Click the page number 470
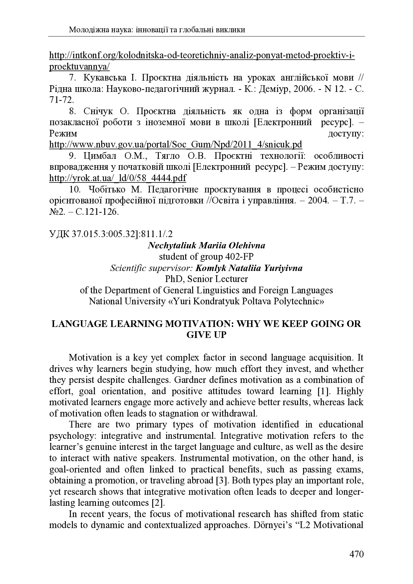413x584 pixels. tap(356, 554)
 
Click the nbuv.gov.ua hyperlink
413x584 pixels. tap(176, 145)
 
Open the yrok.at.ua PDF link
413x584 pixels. tap(118, 178)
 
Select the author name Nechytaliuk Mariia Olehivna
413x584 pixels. tap(206, 245)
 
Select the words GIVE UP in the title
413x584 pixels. tap(206, 335)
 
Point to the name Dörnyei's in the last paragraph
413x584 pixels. tap(272, 525)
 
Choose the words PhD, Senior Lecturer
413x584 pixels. tap(206, 279)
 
